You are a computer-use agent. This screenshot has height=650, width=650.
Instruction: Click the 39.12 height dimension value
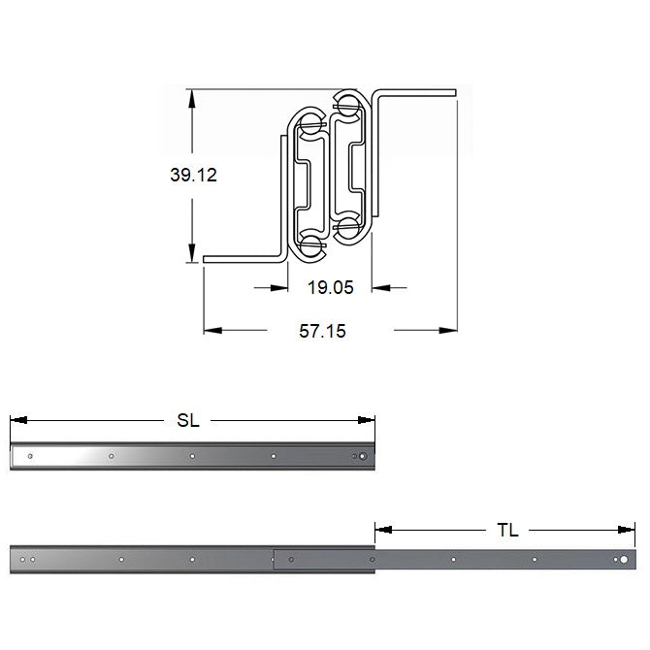point(193,175)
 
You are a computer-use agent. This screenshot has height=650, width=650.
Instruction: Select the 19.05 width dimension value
point(331,287)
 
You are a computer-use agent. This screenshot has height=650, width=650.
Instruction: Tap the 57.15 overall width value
point(322,331)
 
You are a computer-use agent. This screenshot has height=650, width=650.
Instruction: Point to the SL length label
point(188,420)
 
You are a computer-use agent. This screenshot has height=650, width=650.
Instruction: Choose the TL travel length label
point(507,530)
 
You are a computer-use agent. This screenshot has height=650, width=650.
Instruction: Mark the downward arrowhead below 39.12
point(192,252)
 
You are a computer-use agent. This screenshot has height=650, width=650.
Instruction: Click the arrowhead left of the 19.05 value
point(279,287)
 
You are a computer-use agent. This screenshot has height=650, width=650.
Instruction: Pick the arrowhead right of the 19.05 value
point(380,287)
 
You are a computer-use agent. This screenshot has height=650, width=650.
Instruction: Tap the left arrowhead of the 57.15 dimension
point(212,331)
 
